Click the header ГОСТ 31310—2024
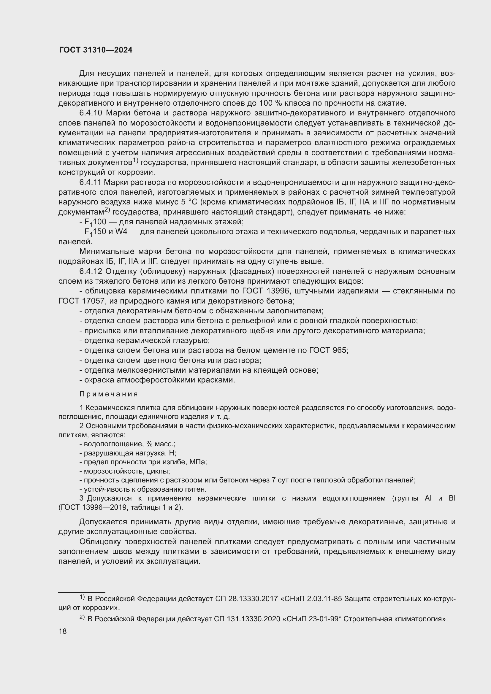click(x=96, y=50)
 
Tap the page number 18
click(x=63, y=631)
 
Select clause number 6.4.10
click(x=92, y=113)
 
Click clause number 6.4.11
click(x=91, y=182)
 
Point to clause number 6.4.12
click(x=92, y=271)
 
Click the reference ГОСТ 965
click(x=329, y=350)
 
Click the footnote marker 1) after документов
click(x=135, y=161)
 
